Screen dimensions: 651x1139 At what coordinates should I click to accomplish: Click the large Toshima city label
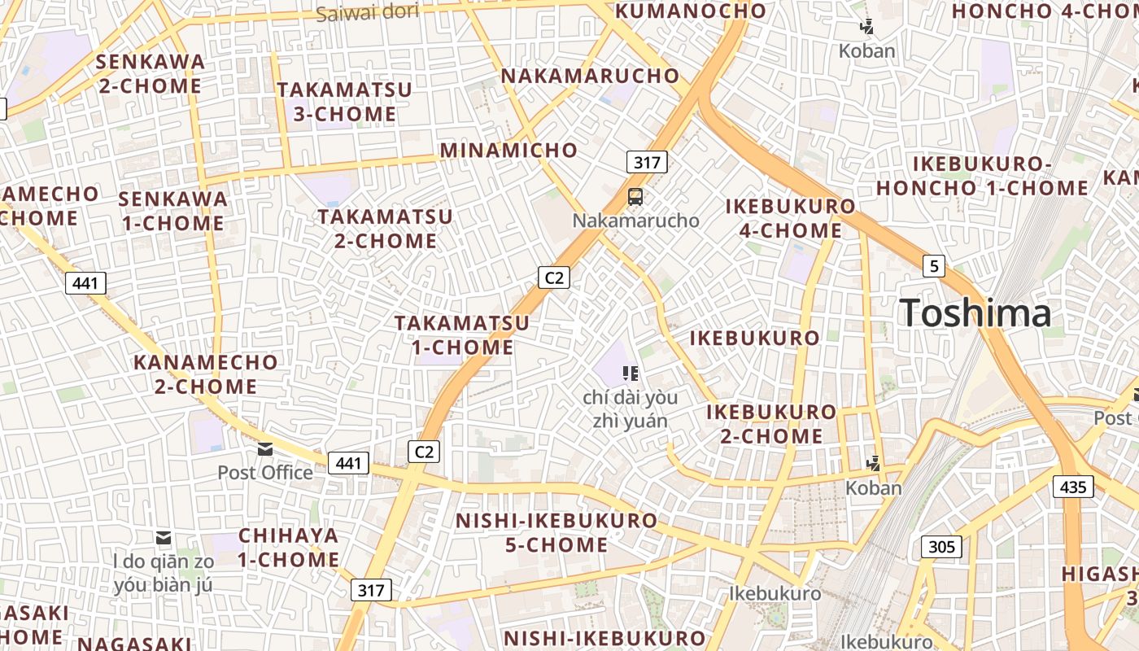[x=975, y=313]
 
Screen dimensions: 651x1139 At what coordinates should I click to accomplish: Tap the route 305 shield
[x=941, y=546]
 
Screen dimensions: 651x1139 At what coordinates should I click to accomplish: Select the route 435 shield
[x=1073, y=487]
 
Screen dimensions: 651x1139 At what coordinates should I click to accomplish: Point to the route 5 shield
[x=933, y=265]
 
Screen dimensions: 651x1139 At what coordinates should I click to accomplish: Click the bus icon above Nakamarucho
[x=635, y=197]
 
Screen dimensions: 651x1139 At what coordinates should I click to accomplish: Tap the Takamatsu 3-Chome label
[x=344, y=102]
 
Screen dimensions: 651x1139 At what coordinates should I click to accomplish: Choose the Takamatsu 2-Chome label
[x=385, y=229]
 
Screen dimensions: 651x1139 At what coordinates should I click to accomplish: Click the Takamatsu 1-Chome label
[x=462, y=335]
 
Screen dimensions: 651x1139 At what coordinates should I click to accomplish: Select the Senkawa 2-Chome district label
[x=151, y=73]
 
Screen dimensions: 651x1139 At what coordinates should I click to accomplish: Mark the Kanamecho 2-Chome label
[x=206, y=374]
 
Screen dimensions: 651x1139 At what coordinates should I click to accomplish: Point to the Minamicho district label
[x=508, y=151]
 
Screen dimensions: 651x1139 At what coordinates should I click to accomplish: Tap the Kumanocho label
[x=691, y=11]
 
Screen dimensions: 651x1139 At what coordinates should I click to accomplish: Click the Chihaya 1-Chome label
[x=289, y=548]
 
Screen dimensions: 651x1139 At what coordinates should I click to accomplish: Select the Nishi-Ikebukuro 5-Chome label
[x=556, y=532]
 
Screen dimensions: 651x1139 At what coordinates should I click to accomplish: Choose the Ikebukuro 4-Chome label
[x=790, y=218]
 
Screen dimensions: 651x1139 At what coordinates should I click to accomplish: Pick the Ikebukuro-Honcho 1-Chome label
[x=982, y=176]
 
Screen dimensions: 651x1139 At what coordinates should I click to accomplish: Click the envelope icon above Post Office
[x=265, y=449]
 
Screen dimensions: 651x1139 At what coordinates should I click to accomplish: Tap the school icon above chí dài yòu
[x=630, y=374]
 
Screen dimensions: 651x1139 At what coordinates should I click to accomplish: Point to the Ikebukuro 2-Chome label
[x=771, y=424]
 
